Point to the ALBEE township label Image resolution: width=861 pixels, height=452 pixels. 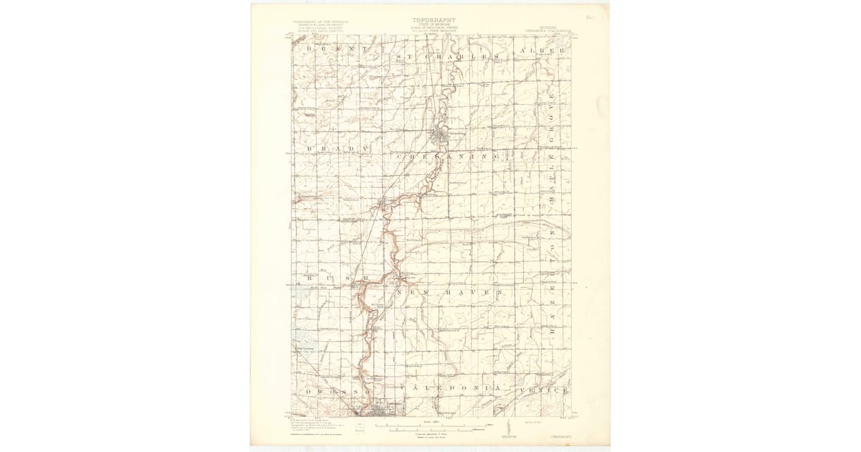[545, 52]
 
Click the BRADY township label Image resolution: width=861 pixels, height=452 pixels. [337, 149]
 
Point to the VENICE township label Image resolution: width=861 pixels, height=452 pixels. [545, 390]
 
